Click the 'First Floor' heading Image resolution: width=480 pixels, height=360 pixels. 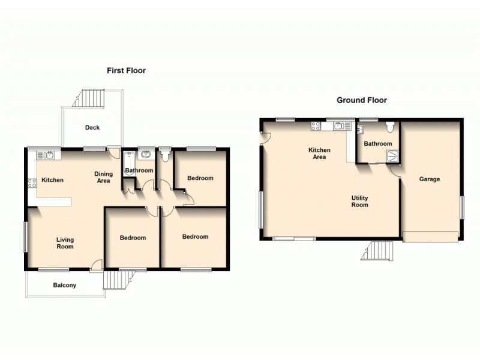[x=126, y=71]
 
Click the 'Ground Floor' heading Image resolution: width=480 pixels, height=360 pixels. [x=361, y=100]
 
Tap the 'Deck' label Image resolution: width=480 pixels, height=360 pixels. [x=92, y=128]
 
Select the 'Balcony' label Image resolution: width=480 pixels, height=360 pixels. [x=65, y=286]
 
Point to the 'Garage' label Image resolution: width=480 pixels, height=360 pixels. [x=429, y=179]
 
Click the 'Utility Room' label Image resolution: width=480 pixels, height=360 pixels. [x=360, y=202]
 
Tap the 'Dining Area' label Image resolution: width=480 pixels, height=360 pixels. [x=103, y=177]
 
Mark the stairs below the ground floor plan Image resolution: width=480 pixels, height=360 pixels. [x=379, y=250]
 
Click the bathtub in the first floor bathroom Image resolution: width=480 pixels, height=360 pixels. [x=128, y=163]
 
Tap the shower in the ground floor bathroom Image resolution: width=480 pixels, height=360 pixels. [x=392, y=156]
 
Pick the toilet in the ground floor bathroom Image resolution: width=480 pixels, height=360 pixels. [x=391, y=127]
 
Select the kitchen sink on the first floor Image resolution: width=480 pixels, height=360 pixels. [x=49, y=155]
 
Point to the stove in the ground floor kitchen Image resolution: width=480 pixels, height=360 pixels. [x=315, y=126]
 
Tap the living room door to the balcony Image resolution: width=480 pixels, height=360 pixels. [x=97, y=266]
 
